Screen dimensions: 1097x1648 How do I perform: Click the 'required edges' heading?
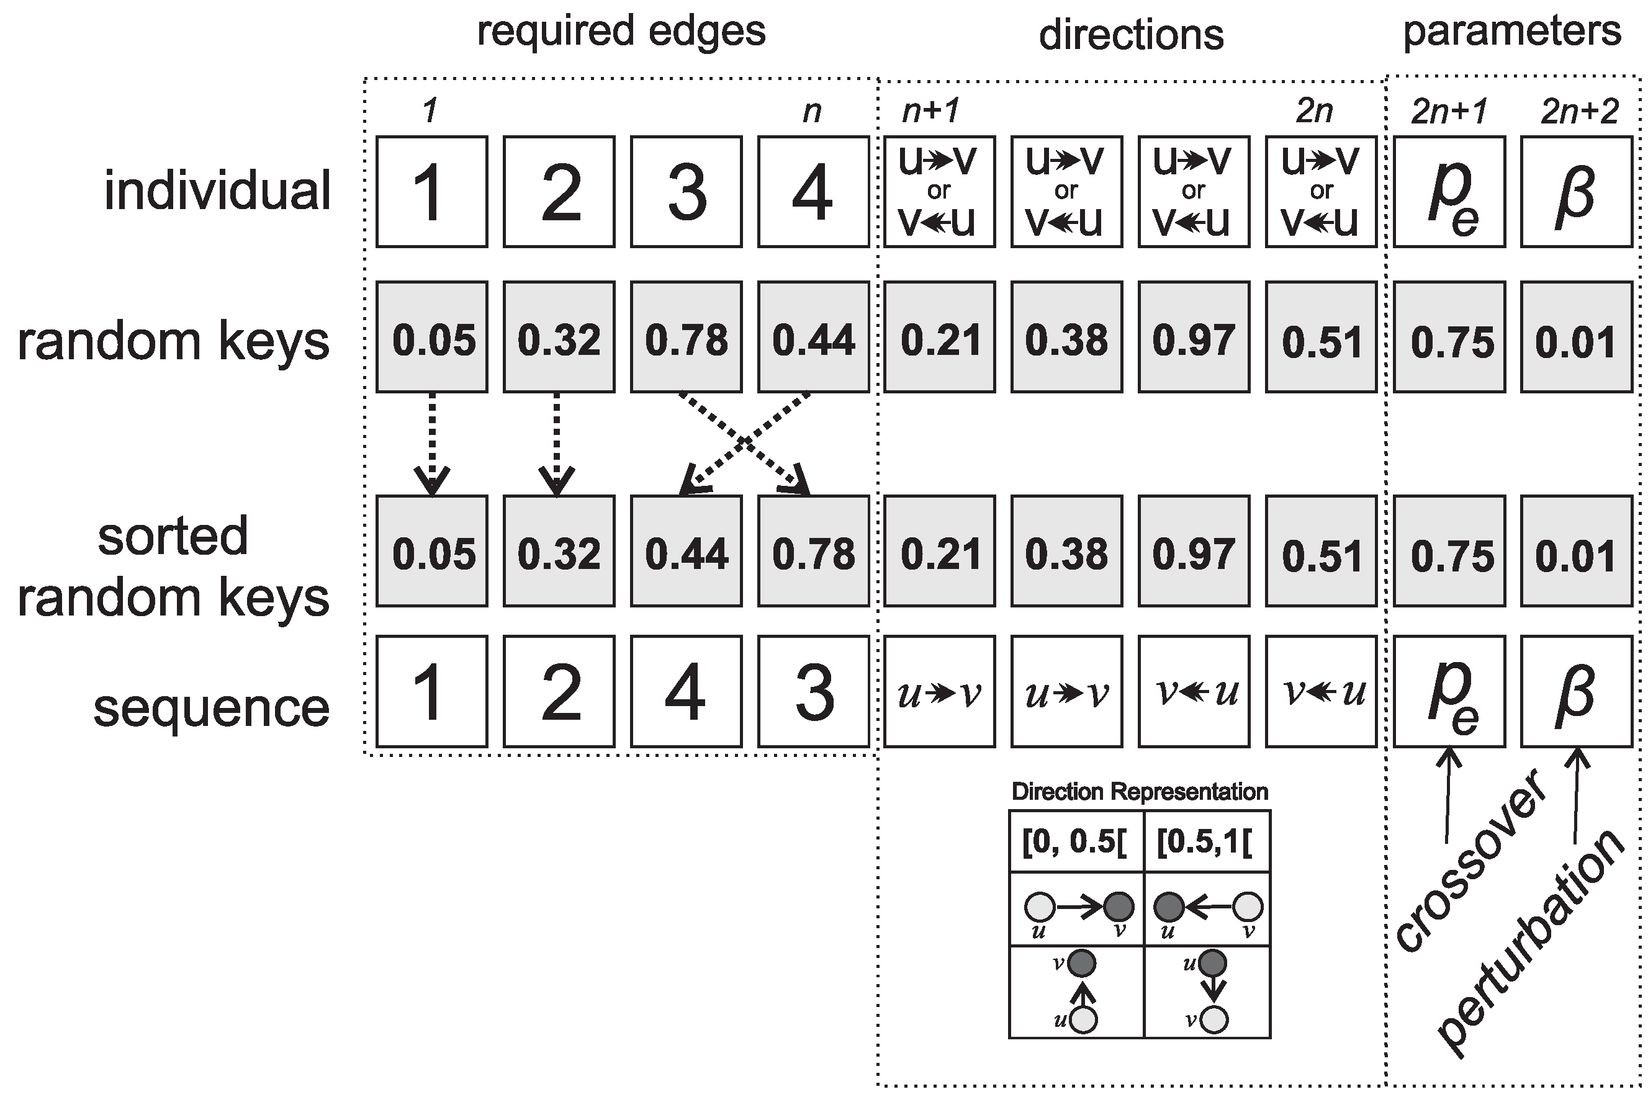621,32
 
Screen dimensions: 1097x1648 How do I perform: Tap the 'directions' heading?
1131,35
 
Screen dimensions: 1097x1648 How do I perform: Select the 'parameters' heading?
1511,32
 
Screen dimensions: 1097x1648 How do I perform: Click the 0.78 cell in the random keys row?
686,336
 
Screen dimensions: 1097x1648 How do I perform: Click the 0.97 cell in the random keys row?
1193,336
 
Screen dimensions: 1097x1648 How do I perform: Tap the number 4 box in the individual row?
813,192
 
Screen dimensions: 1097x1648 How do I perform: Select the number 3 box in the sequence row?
813,691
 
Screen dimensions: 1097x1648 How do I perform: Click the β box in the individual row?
1576,192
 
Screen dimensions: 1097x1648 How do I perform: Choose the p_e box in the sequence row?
1449,691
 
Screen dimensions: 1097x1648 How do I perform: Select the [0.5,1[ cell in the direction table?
1205,841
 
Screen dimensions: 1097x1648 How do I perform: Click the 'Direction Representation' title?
1139,792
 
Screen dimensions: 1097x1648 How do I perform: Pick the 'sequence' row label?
210,708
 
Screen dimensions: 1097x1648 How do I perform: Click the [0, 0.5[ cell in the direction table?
1076,841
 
